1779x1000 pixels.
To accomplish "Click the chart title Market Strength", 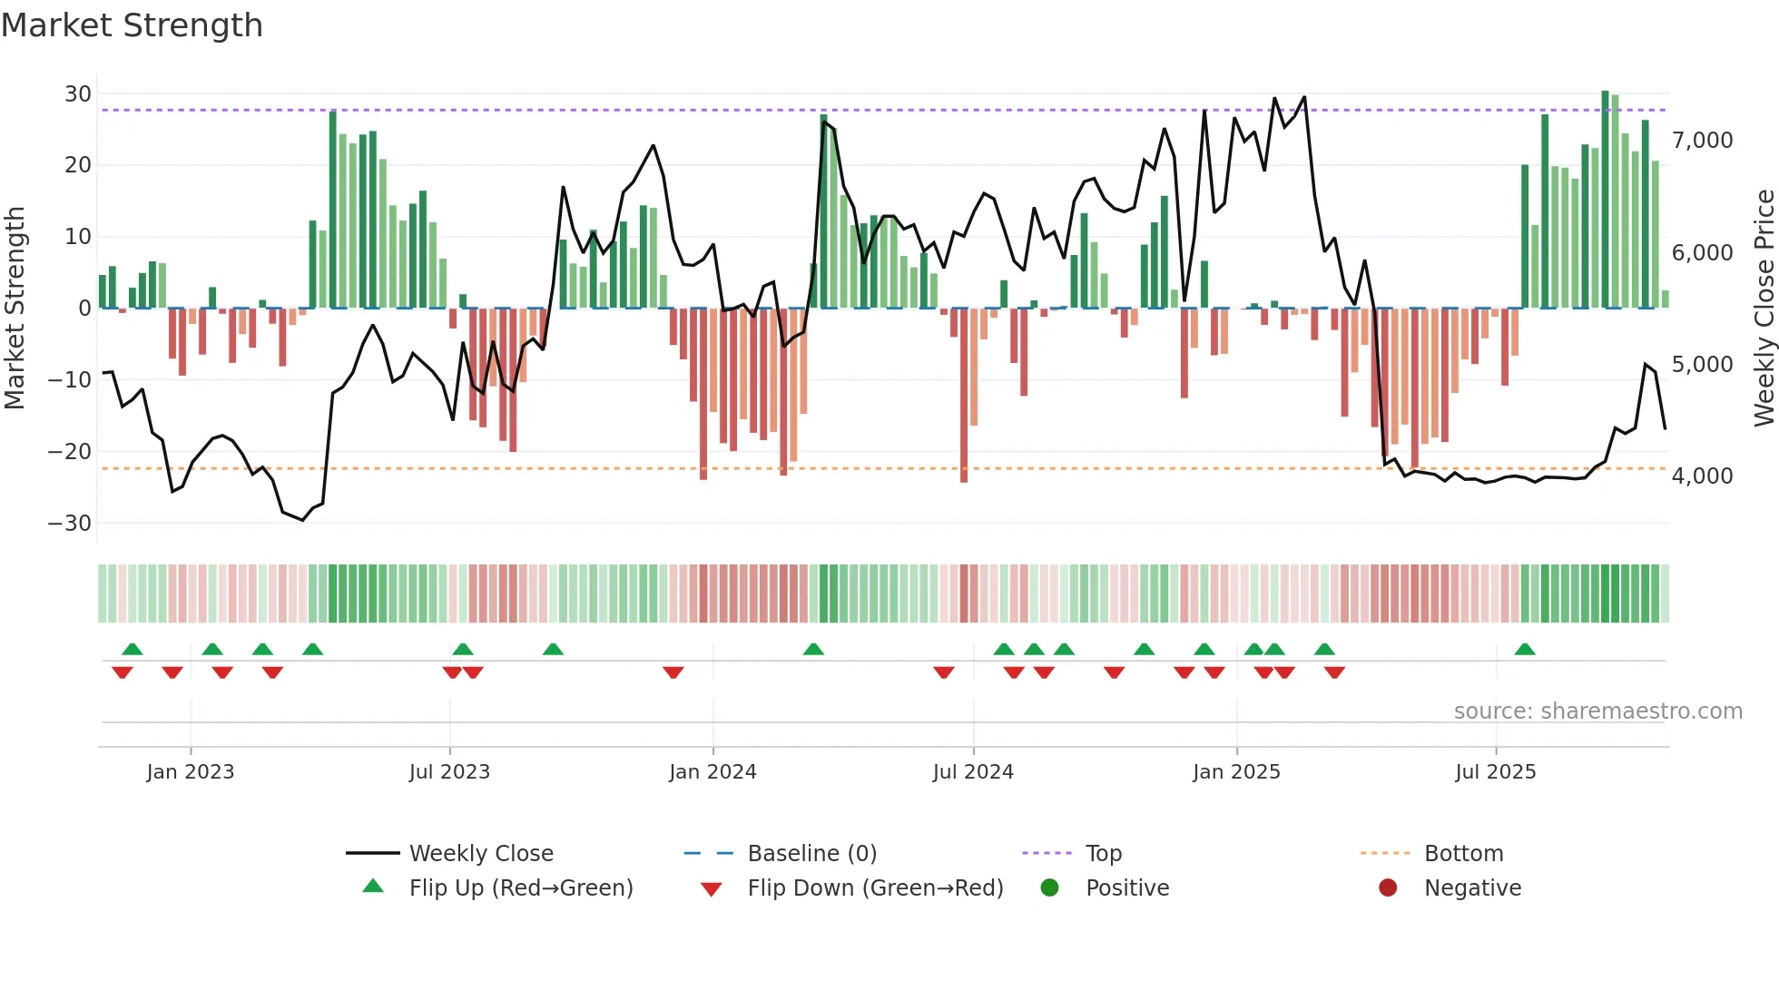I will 132,25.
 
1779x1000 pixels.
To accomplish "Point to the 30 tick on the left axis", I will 77,94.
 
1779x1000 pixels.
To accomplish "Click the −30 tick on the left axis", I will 70,524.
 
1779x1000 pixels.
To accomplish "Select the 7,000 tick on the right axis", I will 1702,141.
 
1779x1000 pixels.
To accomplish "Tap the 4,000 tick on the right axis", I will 1702,476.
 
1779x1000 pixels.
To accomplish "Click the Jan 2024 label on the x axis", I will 713,772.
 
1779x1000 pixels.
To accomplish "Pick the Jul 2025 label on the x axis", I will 1495,772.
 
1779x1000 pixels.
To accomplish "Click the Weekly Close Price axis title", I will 1764,309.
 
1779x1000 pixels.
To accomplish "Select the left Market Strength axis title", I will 15,309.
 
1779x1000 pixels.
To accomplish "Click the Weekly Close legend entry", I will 480,854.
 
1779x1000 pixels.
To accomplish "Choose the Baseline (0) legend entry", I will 811,854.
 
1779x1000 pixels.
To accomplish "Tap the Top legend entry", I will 1103,854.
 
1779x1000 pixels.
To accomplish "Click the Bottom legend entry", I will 1463,854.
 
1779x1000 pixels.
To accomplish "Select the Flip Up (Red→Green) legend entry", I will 520,888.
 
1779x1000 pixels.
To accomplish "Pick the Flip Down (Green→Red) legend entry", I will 875,888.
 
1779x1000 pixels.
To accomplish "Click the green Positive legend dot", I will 1050,888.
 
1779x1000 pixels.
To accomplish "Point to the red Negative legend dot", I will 1388,888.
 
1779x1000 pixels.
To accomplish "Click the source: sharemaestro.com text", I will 1597,711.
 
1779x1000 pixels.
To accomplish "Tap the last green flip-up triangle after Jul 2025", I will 1525,650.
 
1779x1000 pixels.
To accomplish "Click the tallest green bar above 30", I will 1605,200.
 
